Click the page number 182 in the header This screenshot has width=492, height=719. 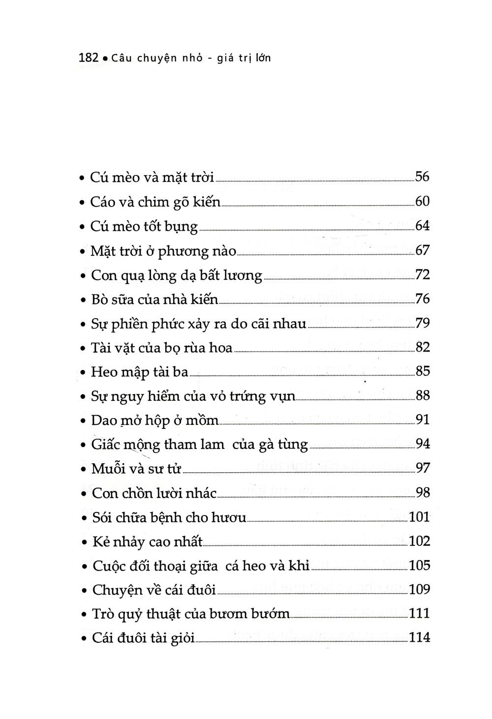pyautogui.click(x=89, y=58)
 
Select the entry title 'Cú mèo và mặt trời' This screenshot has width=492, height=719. pyautogui.click(x=152, y=177)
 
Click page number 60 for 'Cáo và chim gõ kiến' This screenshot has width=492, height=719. pyautogui.click(x=423, y=201)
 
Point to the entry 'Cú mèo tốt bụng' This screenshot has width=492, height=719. pyautogui.click(x=144, y=226)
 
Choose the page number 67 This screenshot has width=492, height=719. pyautogui.click(x=423, y=250)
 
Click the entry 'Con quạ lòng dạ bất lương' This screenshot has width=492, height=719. pyautogui.click(x=177, y=275)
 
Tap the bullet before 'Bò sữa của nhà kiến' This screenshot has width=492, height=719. pyautogui.click(x=83, y=300)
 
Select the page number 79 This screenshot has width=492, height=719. pyautogui.click(x=423, y=323)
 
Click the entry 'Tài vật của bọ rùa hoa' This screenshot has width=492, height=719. pyautogui.click(x=162, y=348)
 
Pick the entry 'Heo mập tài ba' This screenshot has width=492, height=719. pyautogui.click(x=140, y=372)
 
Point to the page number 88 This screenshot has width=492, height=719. pyautogui.click(x=423, y=395)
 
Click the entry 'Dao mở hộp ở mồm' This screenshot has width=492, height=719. pyautogui.click(x=154, y=420)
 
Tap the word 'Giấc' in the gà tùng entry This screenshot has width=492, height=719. pyautogui.click(x=105, y=445)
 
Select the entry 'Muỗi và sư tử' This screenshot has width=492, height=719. pyautogui.click(x=136, y=469)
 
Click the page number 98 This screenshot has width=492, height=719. pyautogui.click(x=423, y=492)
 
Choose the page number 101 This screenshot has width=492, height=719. pyautogui.click(x=420, y=517)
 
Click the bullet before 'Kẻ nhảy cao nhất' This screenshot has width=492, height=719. pyautogui.click(x=84, y=542)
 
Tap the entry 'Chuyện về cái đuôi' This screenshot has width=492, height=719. pyautogui.click(x=154, y=590)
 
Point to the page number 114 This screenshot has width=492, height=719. pyautogui.click(x=420, y=638)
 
